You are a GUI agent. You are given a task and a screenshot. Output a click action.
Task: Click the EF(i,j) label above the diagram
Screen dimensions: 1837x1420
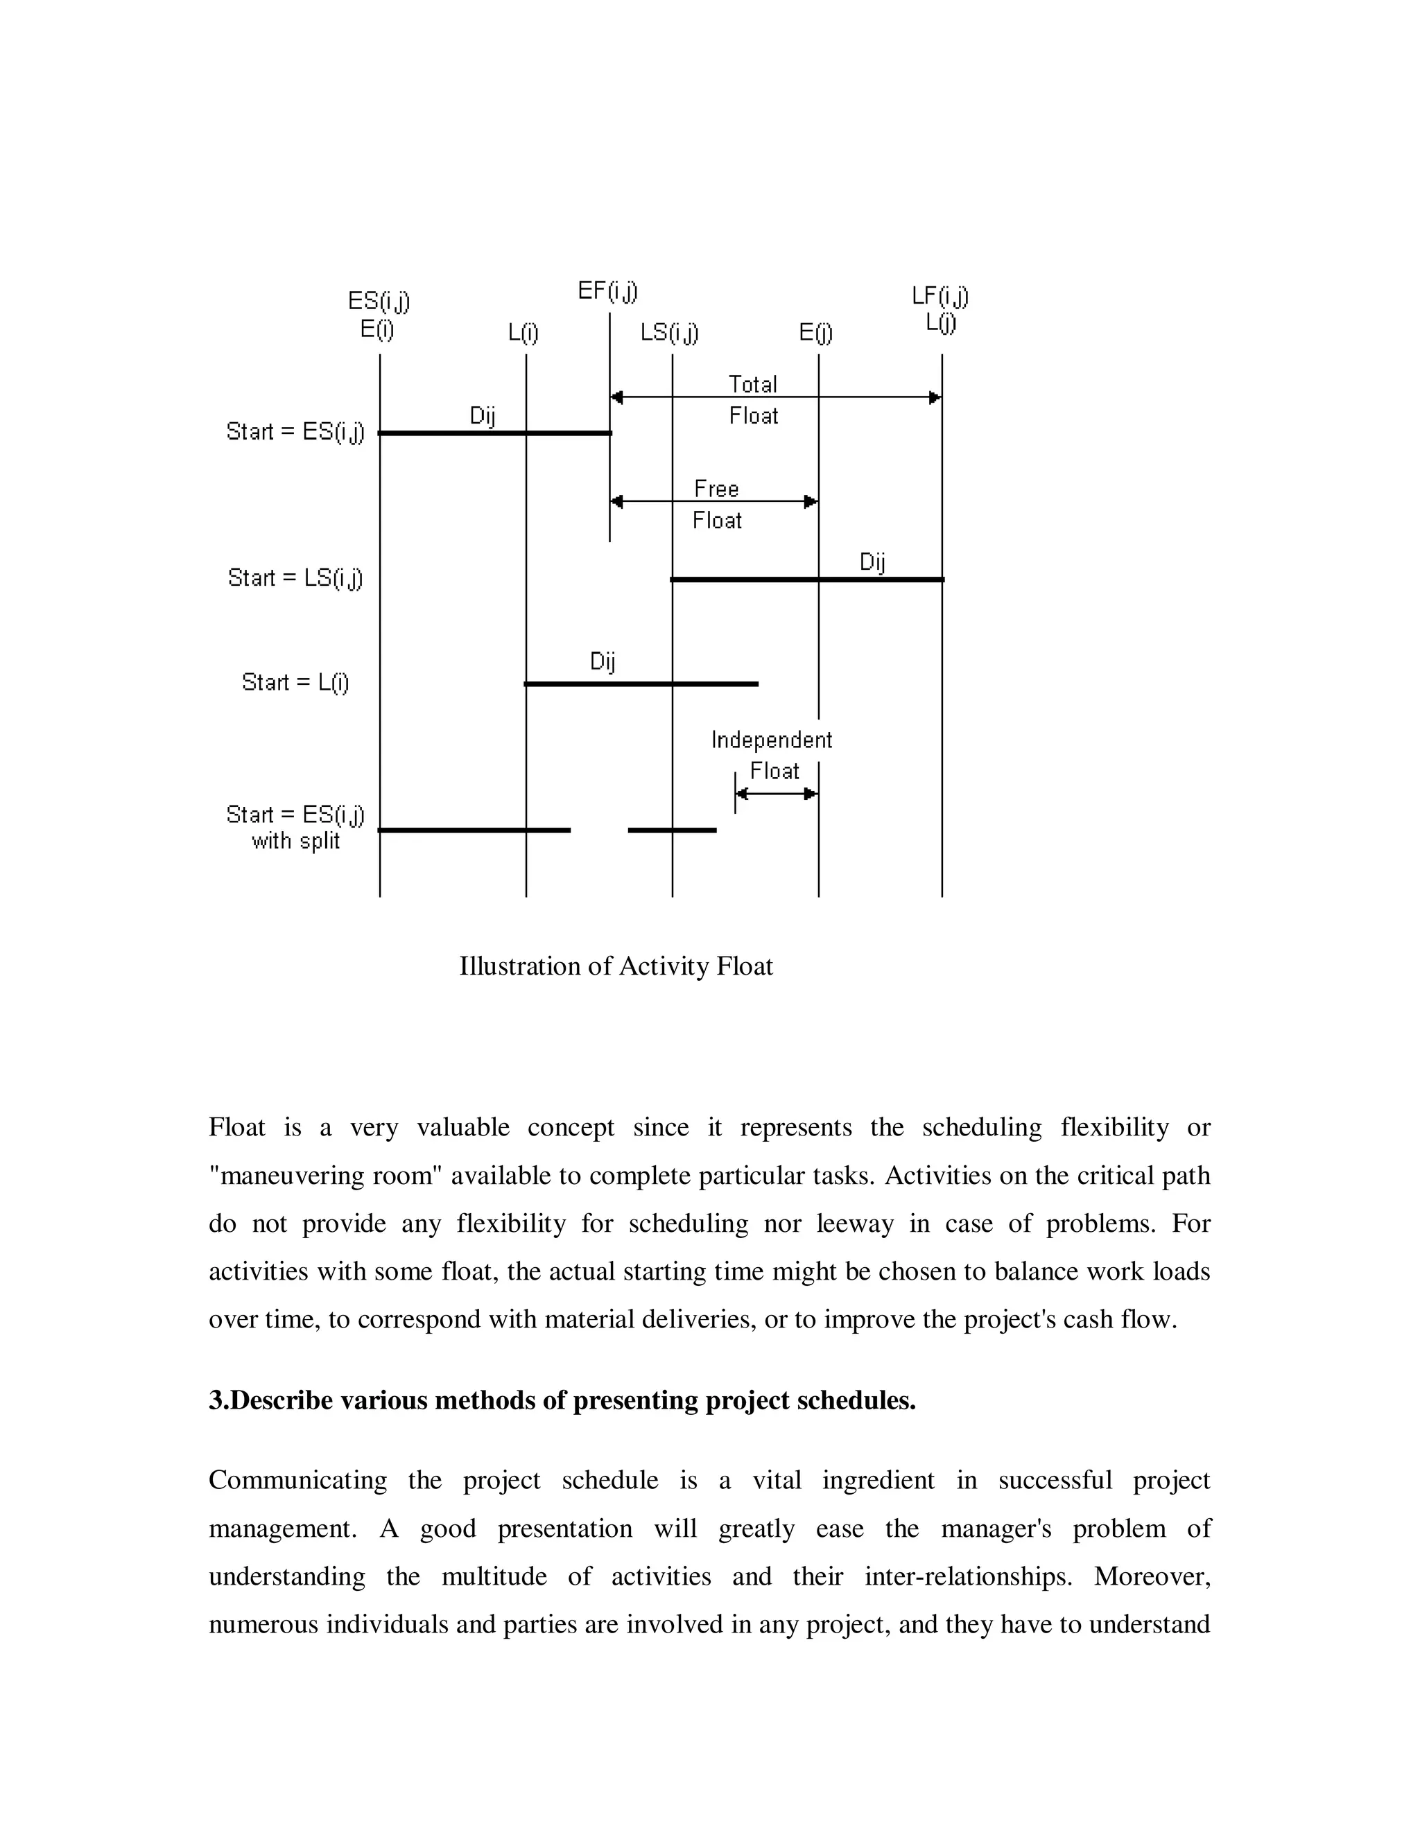click(x=607, y=292)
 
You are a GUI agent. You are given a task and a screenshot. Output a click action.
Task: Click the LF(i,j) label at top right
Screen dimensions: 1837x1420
click(x=940, y=296)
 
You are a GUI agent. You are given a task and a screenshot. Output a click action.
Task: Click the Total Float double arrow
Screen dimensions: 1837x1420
click(x=774, y=397)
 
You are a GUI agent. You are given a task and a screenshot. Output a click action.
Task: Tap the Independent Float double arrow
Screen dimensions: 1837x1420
click(x=777, y=793)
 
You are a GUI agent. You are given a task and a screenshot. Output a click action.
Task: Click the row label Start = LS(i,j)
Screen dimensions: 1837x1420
click(x=295, y=578)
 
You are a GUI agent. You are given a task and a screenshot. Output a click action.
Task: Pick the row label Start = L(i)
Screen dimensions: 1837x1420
click(x=295, y=682)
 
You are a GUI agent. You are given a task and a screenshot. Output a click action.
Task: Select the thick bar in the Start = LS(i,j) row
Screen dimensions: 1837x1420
click(x=807, y=580)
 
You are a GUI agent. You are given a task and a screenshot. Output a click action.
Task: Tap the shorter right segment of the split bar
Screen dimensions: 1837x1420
click(x=672, y=830)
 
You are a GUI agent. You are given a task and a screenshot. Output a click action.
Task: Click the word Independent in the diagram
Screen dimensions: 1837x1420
click(x=772, y=740)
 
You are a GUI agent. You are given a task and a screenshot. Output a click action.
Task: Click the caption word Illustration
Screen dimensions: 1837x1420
click(x=520, y=966)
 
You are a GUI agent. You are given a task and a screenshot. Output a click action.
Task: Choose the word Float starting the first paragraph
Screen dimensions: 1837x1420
click(x=236, y=1127)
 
